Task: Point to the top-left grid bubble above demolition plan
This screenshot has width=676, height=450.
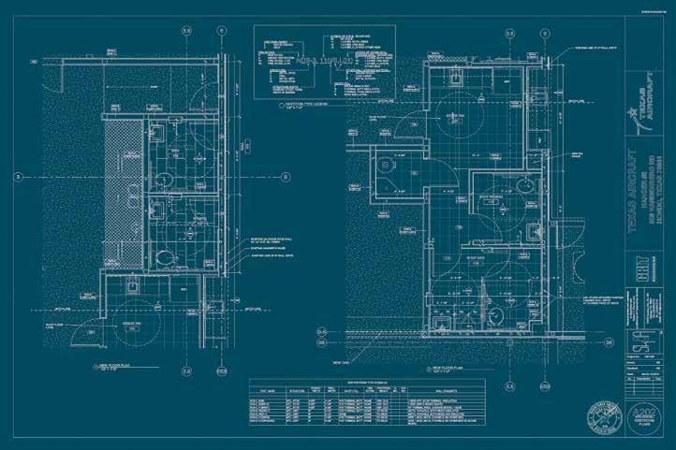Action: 186,31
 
